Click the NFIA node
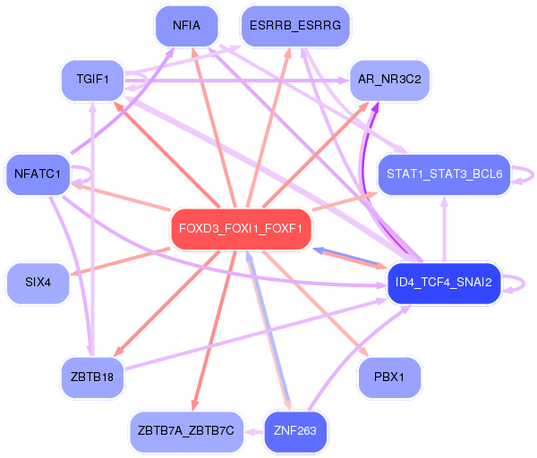coord(187,26)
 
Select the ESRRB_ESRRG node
coord(295,26)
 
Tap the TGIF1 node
coord(92,80)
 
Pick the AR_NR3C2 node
coord(389,80)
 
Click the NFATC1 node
coord(37,174)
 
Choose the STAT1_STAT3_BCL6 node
coord(444,173)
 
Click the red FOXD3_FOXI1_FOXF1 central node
coord(241,228)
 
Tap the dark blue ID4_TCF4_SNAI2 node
coord(443,284)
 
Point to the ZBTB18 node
coord(91,377)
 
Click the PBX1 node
coord(389,377)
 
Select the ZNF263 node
coord(295,431)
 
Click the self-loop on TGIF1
coord(143,81)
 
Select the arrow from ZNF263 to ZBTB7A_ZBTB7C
coord(253,431)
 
